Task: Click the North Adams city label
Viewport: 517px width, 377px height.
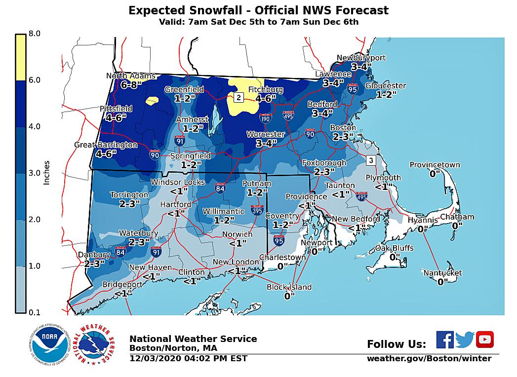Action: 131,76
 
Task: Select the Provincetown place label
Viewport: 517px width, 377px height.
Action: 435,165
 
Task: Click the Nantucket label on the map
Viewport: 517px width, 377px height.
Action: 442,273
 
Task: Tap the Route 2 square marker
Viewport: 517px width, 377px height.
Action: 239,97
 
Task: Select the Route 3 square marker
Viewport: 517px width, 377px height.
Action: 371,161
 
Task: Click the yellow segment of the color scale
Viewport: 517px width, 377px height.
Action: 20,57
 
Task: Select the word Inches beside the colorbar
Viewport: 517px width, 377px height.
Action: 47,173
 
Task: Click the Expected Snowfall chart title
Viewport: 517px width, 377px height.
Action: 258,10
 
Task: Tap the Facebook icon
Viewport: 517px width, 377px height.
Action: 444,339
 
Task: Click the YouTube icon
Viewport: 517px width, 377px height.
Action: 485,339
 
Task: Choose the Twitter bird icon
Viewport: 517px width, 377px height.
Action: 465,339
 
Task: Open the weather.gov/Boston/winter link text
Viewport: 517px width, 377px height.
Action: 429,359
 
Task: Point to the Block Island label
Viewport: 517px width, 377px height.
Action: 289,287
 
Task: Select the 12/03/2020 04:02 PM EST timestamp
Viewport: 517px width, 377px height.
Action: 188,359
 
